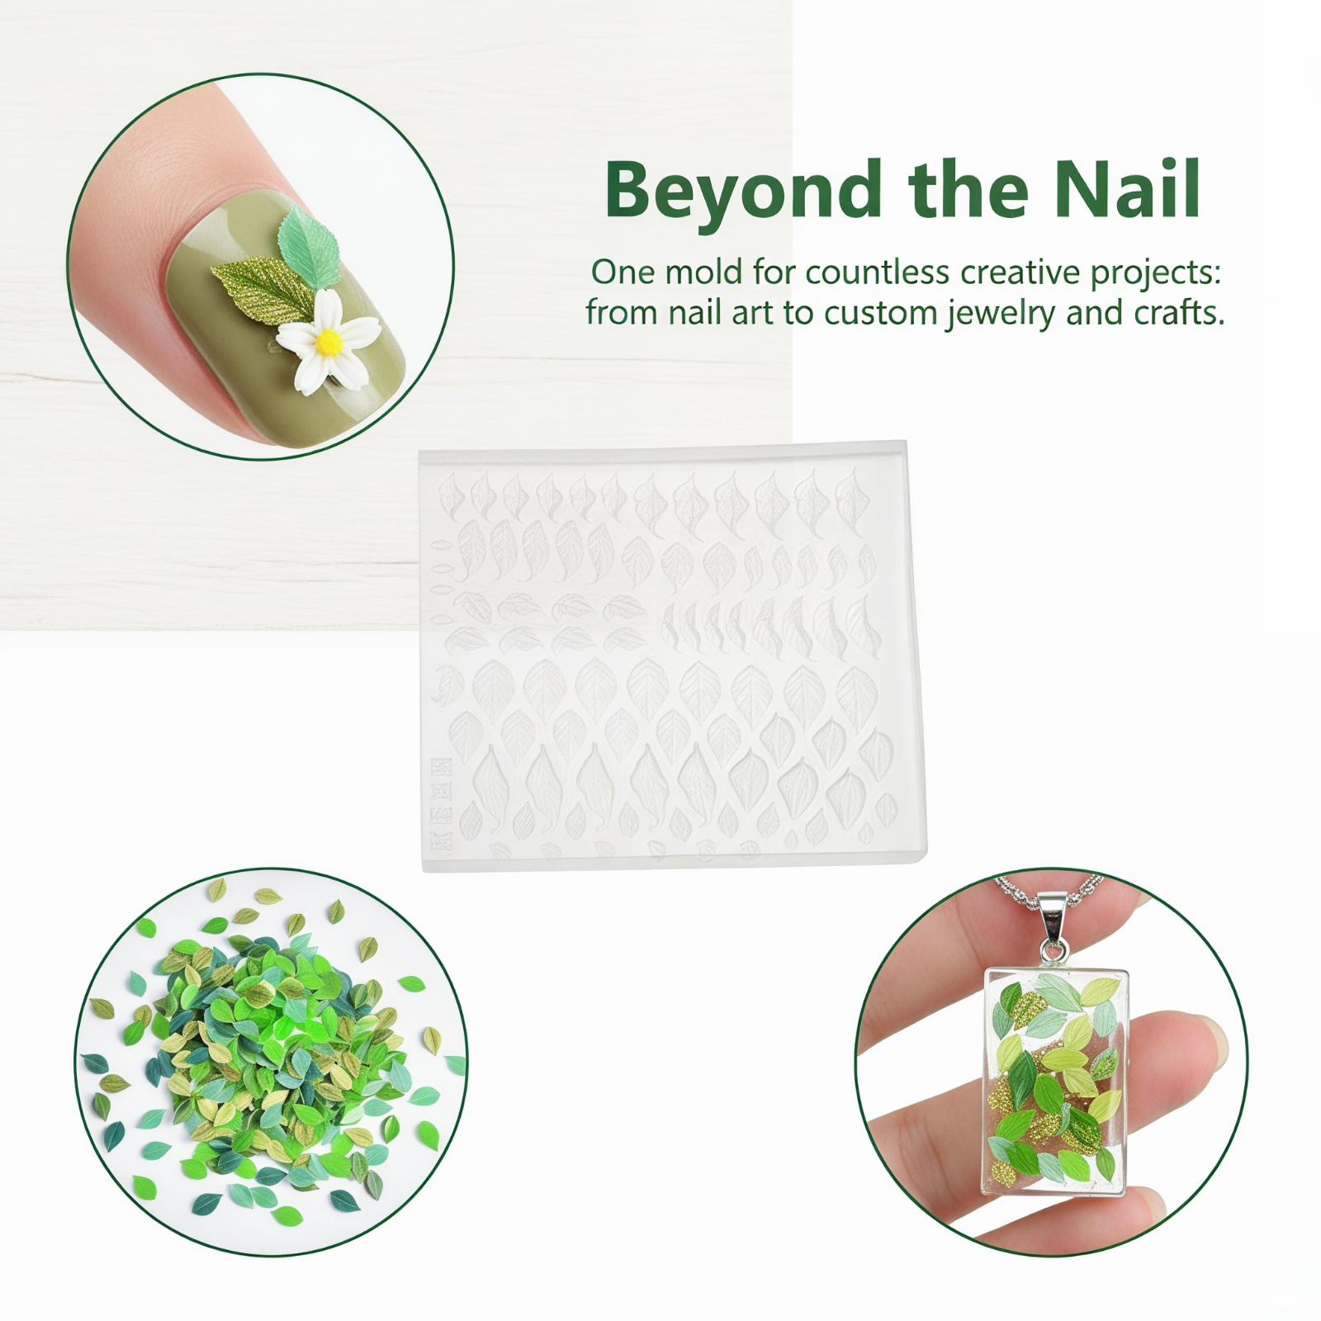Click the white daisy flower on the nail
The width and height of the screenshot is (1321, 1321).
(x=329, y=341)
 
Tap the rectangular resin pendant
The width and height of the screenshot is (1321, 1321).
(x=1058, y=1082)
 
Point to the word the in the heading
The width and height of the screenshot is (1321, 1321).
(x=963, y=189)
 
